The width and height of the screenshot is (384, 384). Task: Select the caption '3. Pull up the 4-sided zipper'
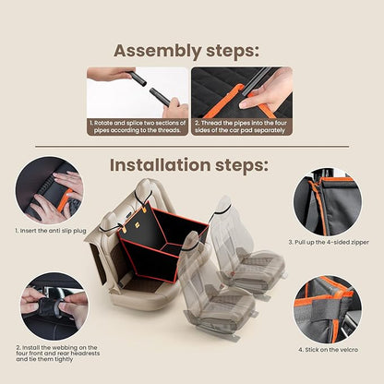click(335, 243)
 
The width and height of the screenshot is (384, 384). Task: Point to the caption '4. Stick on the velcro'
click(328, 351)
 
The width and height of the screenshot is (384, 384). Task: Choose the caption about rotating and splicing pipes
click(138, 126)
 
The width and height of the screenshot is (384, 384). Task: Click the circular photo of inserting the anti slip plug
click(49, 190)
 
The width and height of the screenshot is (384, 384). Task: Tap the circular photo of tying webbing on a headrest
click(50, 304)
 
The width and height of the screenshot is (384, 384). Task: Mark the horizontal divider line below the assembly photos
click(191, 147)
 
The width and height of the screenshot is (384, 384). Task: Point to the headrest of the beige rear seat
click(143, 191)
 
